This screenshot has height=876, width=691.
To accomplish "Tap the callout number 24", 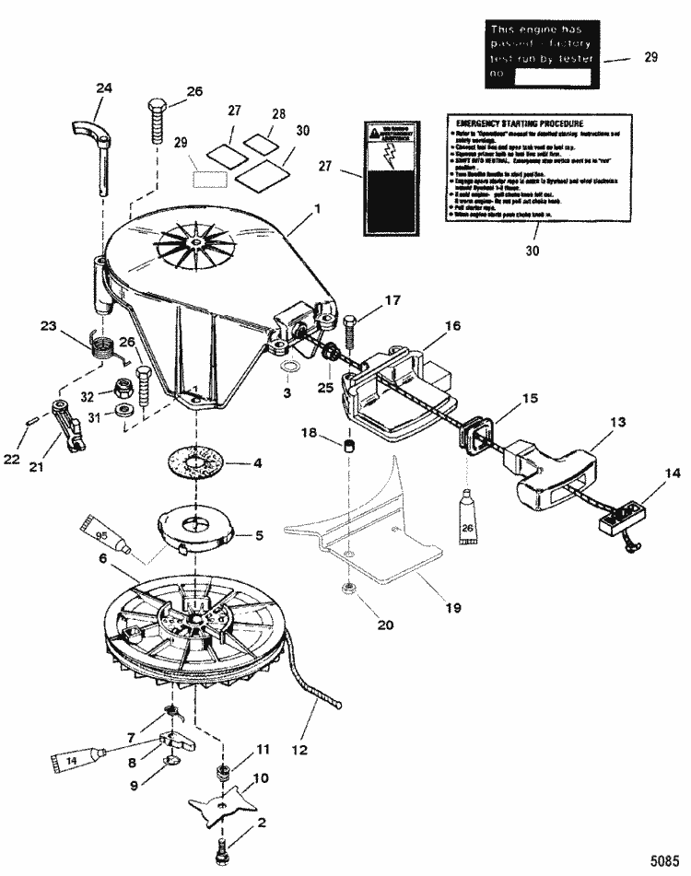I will click(x=104, y=89).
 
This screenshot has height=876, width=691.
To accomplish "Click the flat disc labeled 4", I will click(x=198, y=461).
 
